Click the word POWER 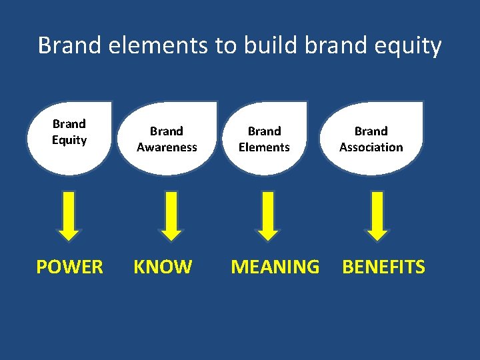(x=69, y=267)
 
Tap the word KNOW (x=163, y=267)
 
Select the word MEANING (x=275, y=267)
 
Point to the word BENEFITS (x=383, y=267)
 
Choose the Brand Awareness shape (x=167, y=138)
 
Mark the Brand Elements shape (x=265, y=138)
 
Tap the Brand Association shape (x=371, y=138)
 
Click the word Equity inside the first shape (x=69, y=140)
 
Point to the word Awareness (x=167, y=147)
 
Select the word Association (x=371, y=147)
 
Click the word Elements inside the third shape (x=265, y=147)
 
